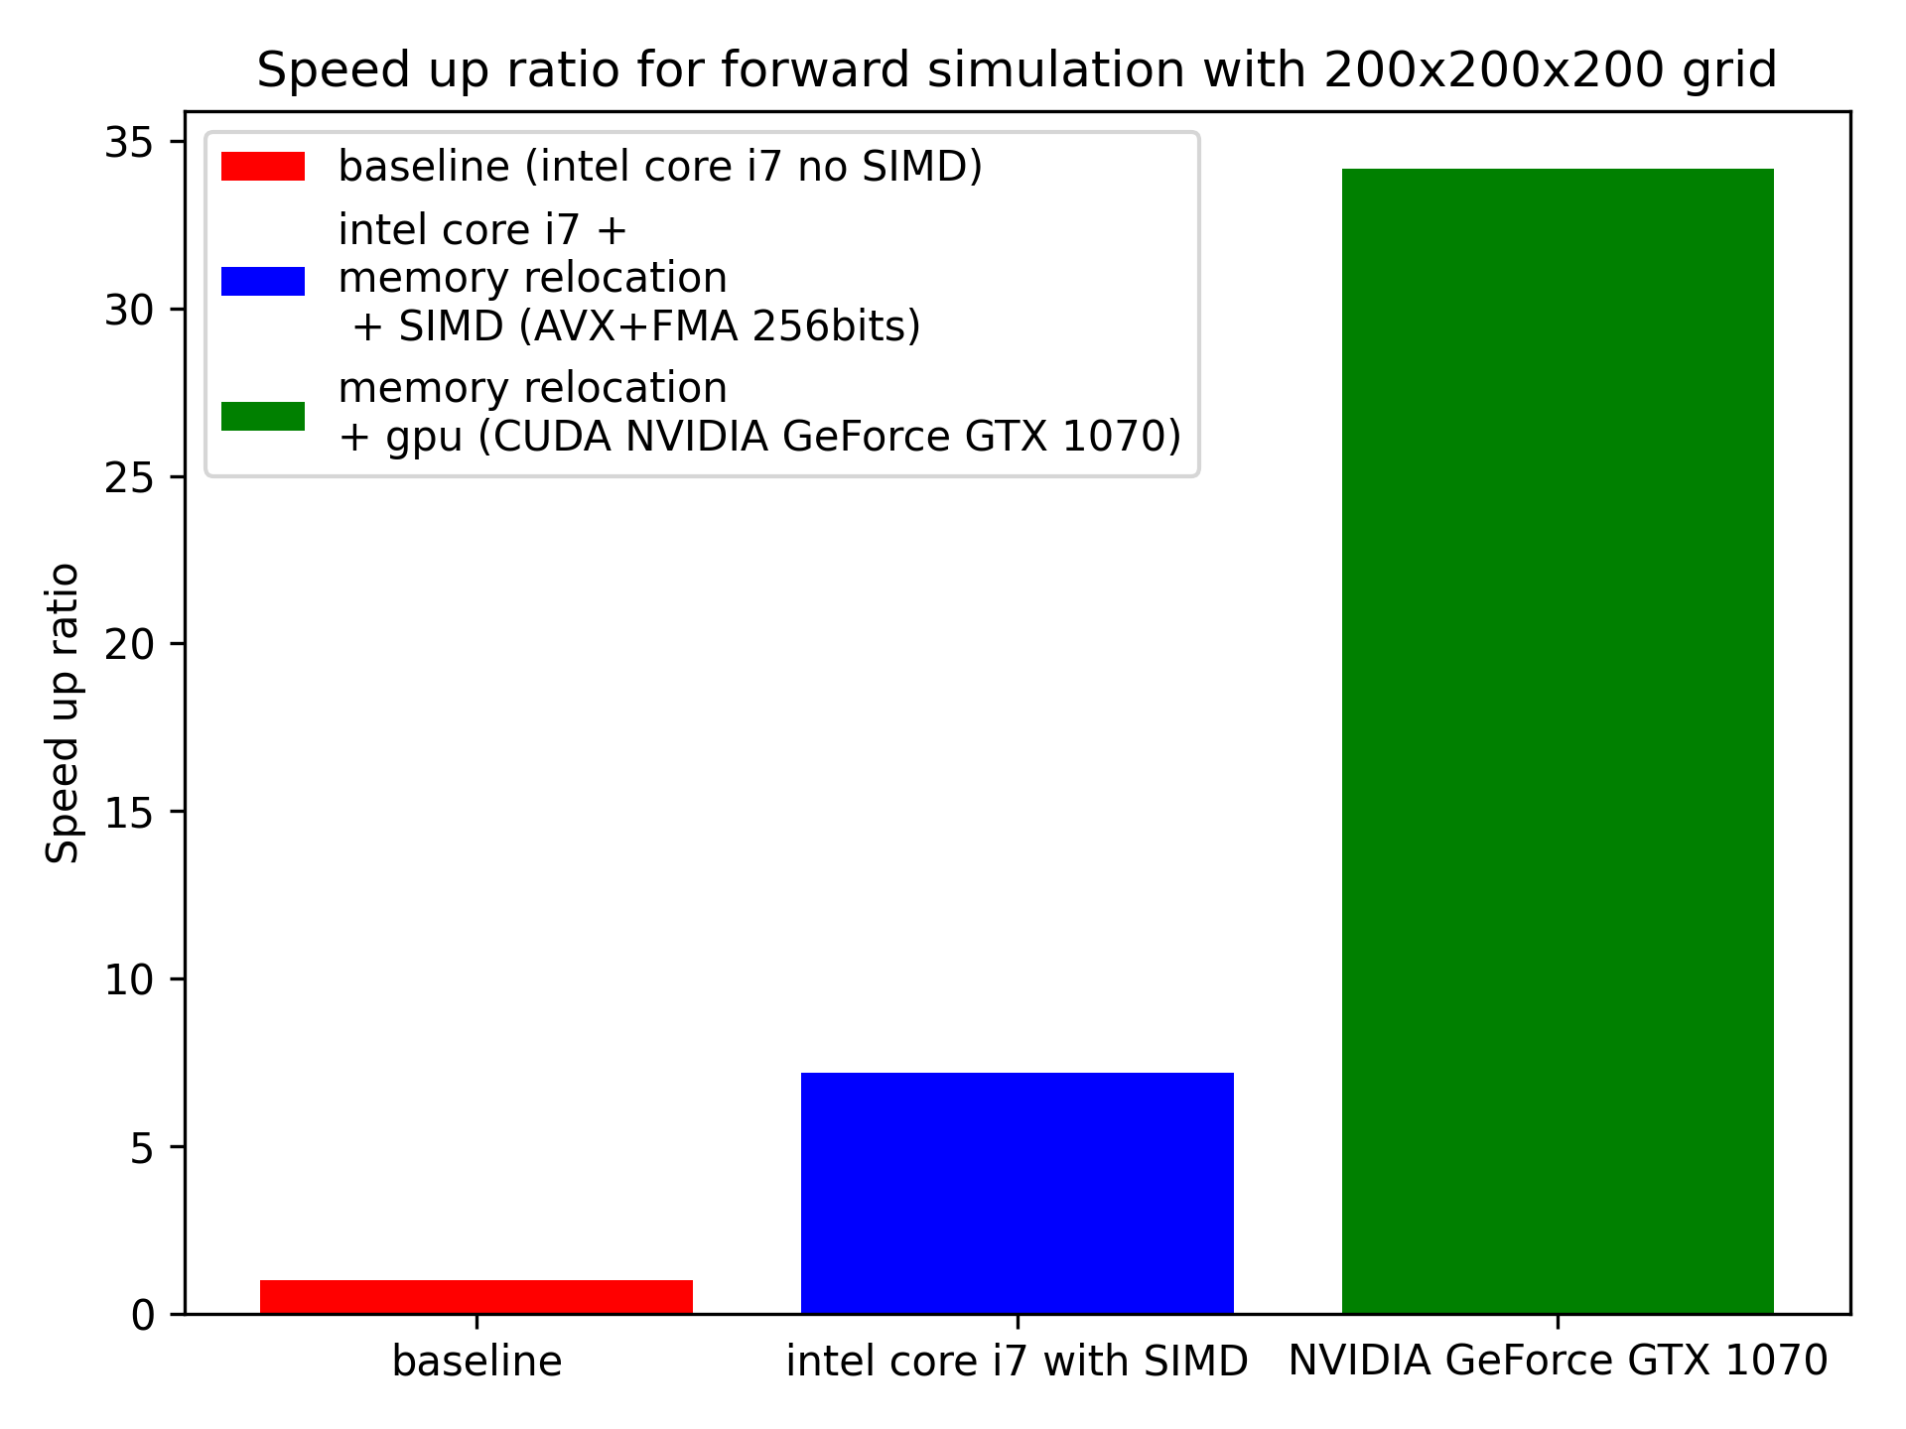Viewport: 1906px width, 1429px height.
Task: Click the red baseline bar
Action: coord(476,1296)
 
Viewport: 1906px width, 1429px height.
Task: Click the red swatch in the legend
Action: coord(262,166)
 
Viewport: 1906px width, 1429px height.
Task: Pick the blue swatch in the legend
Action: coord(262,281)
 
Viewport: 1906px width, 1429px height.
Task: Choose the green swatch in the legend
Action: coord(262,416)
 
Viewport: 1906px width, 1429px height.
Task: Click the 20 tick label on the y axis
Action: coord(129,645)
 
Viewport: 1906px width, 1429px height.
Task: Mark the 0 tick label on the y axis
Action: coord(143,1316)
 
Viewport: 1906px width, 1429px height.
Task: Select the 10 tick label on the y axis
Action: coord(129,980)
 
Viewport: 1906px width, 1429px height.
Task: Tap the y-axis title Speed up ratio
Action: coord(63,714)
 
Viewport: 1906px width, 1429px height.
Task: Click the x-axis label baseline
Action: coord(476,1362)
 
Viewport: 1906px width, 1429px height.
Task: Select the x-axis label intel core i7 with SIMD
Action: coord(1017,1362)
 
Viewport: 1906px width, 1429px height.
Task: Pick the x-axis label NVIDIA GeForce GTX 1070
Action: coord(1557,1361)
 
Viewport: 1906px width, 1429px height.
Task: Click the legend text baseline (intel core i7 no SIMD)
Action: coord(660,167)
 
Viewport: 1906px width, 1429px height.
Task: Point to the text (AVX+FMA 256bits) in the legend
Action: coord(720,326)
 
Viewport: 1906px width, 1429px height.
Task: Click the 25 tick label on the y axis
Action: coord(129,478)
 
